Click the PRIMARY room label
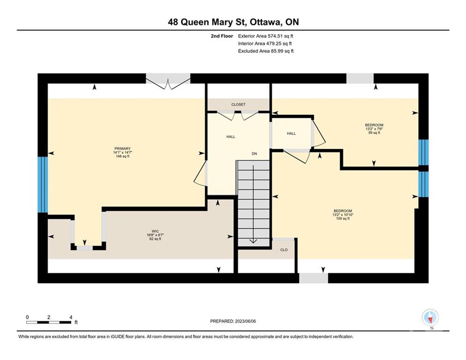[122, 149]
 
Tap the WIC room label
[155, 231]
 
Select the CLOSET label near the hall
[238, 105]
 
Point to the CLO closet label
[284, 250]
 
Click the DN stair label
[254, 154]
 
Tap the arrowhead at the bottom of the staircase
[253, 241]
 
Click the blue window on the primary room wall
[43, 185]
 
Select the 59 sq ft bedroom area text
[374, 133]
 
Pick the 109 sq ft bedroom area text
[343, 218]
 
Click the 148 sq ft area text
[122, 156]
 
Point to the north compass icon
[430, 318]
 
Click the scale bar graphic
[49, 322]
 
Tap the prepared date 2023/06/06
[245, 321]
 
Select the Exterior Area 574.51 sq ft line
[266, 36]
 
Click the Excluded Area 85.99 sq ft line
[266, 51]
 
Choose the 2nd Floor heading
[222, 36]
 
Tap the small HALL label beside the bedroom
[291, 134]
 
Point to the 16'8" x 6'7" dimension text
[155, 235]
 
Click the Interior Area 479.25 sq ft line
[265, 44]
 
